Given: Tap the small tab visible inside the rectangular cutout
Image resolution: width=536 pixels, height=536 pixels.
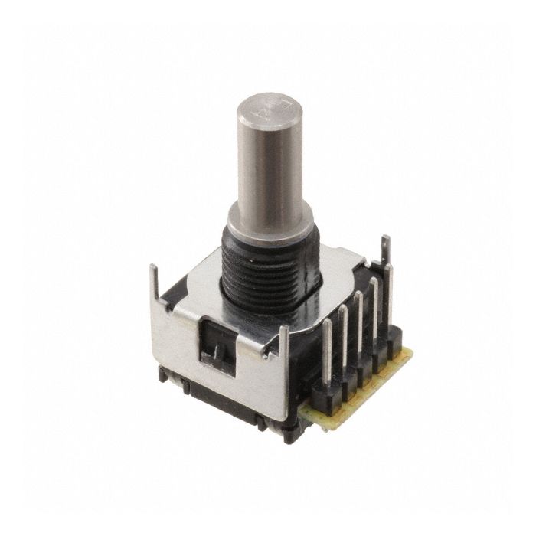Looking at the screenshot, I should [x=217, y=351].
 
